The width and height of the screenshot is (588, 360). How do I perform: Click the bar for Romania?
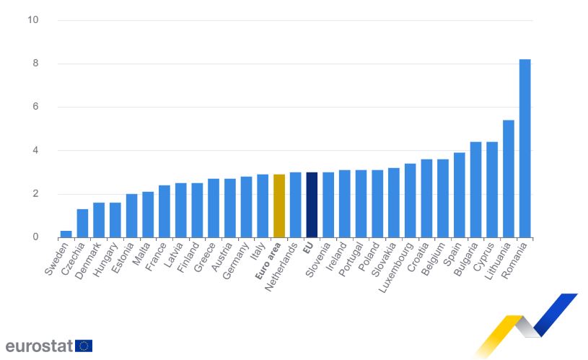coord(525,149)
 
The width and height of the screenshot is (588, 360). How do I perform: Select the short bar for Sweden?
coord(66,234)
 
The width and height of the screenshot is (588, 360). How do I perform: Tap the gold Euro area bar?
coord(279,206)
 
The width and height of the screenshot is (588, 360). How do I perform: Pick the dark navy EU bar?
coord(312,205)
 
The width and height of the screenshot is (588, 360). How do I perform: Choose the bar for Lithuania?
coord(508,179)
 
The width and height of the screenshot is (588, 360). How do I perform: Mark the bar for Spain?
coord(459,195)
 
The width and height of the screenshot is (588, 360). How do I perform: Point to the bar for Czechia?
coord(82,224)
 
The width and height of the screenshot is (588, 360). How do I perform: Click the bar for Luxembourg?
coord(410,201)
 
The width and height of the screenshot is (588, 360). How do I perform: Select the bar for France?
coord(164,211)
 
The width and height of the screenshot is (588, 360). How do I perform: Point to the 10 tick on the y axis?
coord(33,20)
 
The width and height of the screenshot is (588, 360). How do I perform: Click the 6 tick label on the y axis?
coord(35,107)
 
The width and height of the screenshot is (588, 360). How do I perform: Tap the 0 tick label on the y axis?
coord(35,237)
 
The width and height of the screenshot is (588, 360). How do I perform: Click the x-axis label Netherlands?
coord(281,267)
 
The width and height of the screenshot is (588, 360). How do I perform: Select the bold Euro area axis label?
coord(268,261)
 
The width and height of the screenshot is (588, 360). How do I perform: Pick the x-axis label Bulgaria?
coord(466,260)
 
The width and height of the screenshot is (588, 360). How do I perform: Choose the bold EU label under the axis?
coord(308,248)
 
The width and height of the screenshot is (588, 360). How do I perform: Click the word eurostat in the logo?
coord(39,346)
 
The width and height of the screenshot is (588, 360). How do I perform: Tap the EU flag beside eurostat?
coord(84,346)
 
